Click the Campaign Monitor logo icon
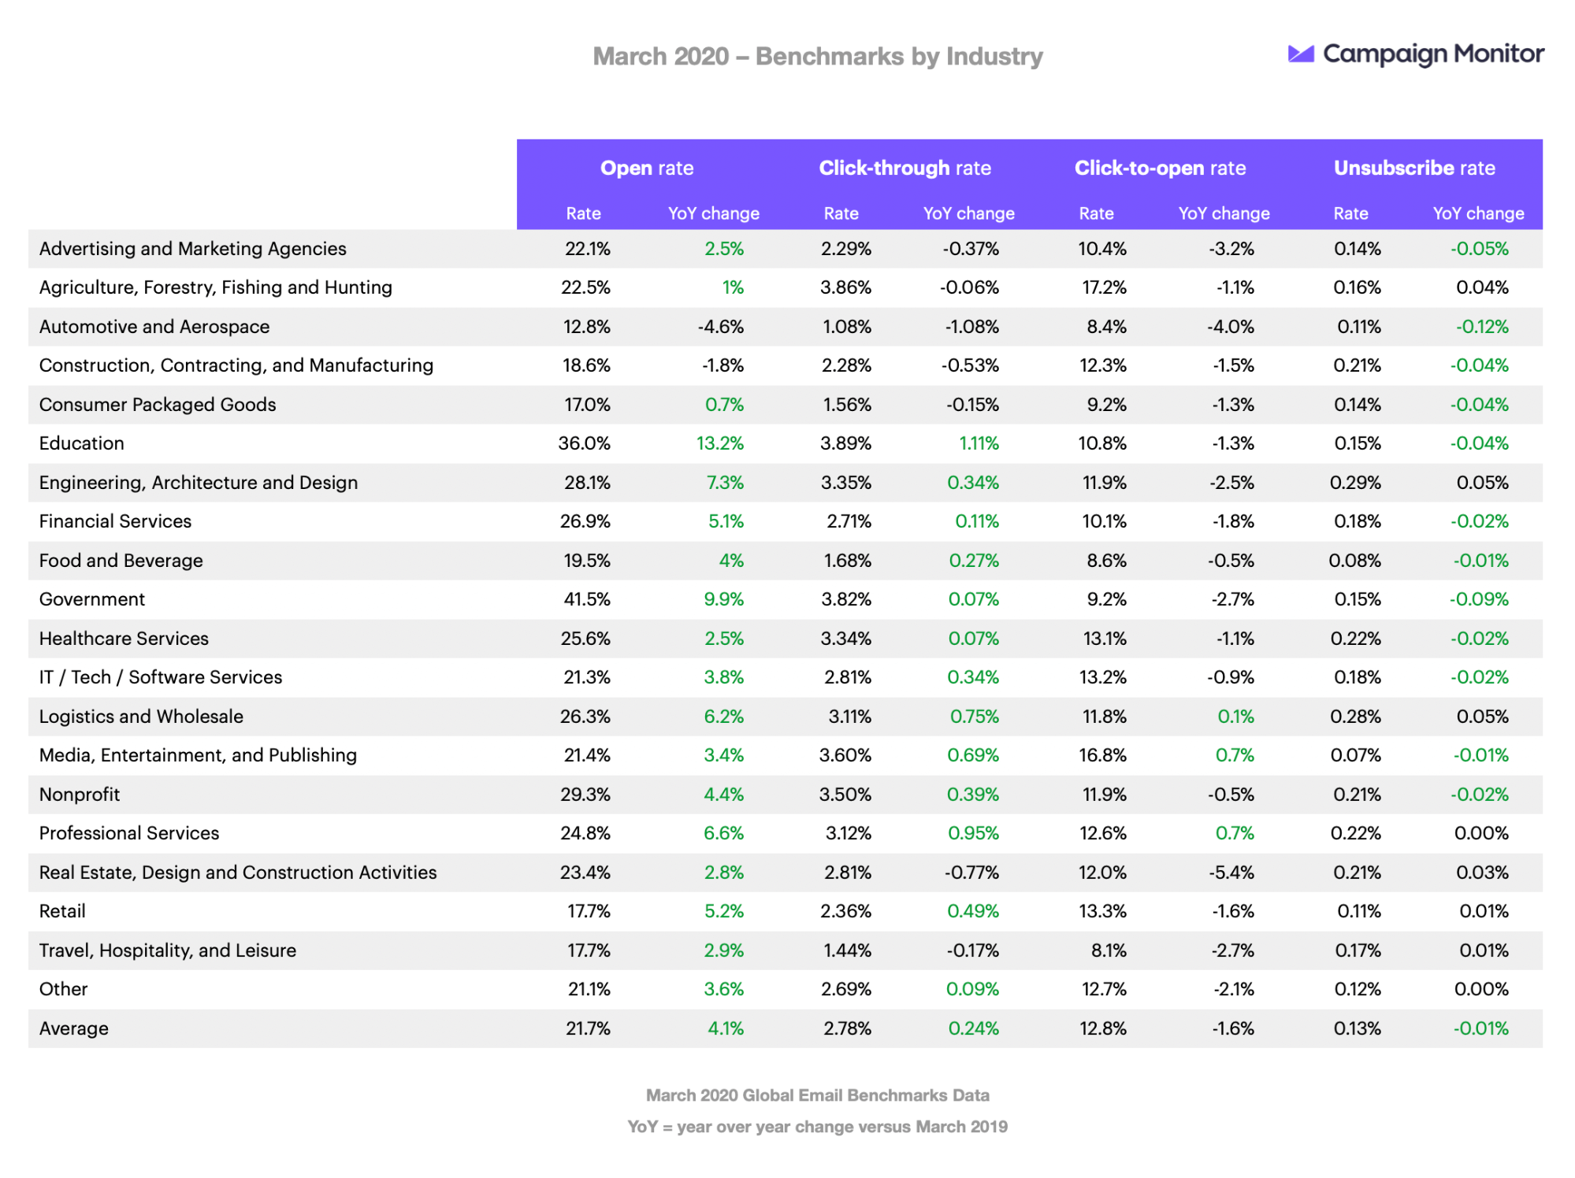point(1301,54)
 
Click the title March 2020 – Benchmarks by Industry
point(817,57)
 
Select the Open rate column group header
point(646,168)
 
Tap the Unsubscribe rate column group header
point(1413,168)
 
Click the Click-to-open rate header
point(1159,168)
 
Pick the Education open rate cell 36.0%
point(584,443)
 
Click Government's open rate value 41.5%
point(586,599)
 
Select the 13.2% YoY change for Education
point(719,443)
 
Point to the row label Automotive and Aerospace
point(154,327)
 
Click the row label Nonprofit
point(80,795)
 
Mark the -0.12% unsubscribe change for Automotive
point(1481,327)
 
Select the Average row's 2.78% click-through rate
point(847,1028)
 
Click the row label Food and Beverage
point(121,561)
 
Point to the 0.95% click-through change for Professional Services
point(973,833)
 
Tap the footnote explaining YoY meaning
point(817,1127)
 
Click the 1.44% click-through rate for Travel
point(847,950)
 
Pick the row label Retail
point(62,911)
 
